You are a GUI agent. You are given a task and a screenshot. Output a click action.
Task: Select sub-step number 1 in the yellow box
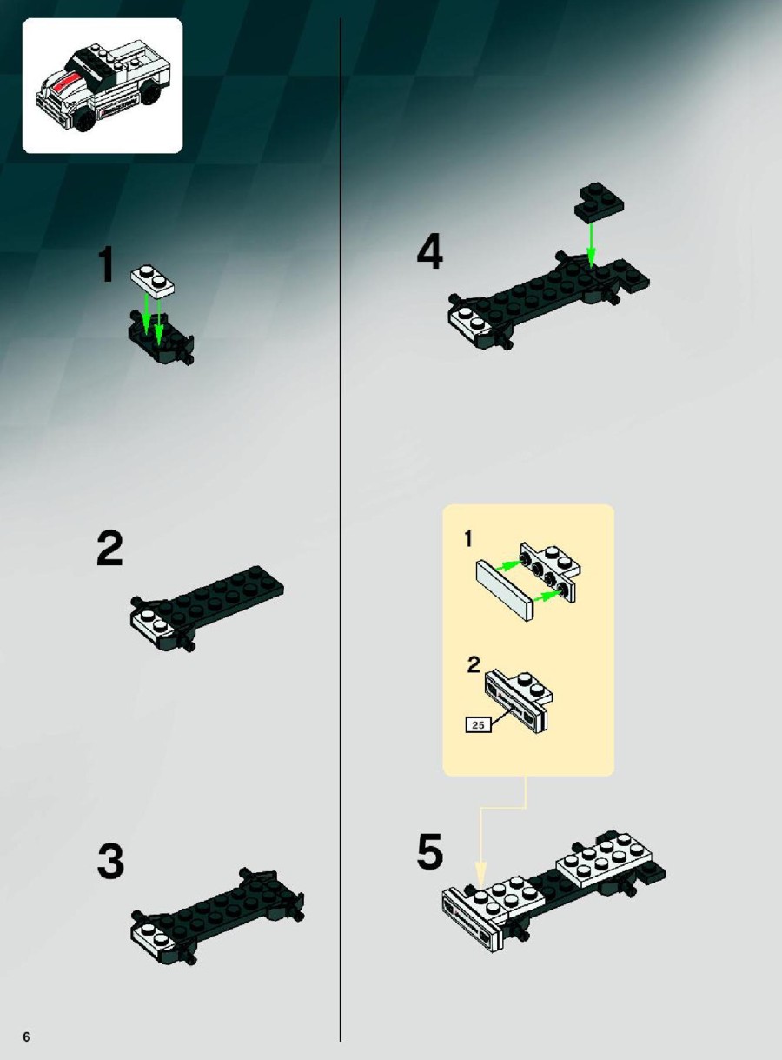pos(468,539)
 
